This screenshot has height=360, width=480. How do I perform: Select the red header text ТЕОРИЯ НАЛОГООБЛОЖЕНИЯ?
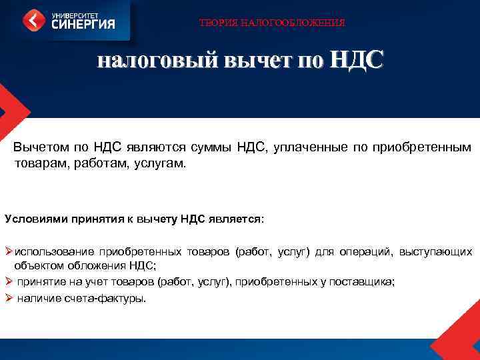272,23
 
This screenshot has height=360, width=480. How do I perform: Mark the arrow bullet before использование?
9,251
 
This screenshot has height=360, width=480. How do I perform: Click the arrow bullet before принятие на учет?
9,281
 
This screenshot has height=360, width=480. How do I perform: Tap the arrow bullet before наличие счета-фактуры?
9,298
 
